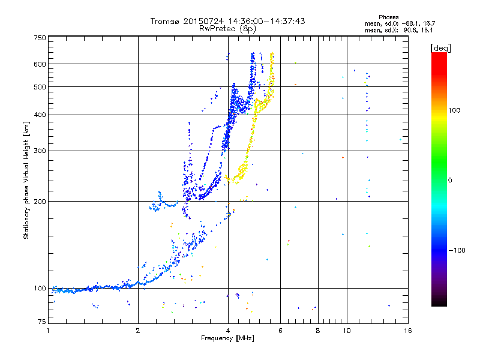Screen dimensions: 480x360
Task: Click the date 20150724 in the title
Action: [203, 21]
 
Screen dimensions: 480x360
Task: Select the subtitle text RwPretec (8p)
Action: [227, 29]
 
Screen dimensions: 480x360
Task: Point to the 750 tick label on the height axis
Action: [40, 38]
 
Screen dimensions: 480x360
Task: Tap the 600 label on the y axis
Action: [40, 64]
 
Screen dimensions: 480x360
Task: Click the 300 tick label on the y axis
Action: [40, 151]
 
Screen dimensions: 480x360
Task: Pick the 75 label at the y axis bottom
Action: [42, 322]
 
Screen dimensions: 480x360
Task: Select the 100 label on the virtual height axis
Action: [40, 289]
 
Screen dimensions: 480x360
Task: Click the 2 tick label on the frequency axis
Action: [138, 331]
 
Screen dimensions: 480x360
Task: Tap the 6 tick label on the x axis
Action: [280, 331]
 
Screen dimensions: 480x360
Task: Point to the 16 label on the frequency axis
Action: [408, 331]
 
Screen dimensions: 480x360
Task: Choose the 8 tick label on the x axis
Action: [318, 331]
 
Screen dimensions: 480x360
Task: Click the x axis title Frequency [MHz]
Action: [227, 338]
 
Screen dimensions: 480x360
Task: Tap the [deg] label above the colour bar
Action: [440, 48]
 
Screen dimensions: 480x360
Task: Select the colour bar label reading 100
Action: [454, 110]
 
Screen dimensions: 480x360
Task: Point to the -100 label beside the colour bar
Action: [457, 250]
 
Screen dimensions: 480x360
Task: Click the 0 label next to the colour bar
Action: [450, 181]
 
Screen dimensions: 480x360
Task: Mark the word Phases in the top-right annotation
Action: [388, 17]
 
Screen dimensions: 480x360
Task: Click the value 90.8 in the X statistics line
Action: [410, 31]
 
